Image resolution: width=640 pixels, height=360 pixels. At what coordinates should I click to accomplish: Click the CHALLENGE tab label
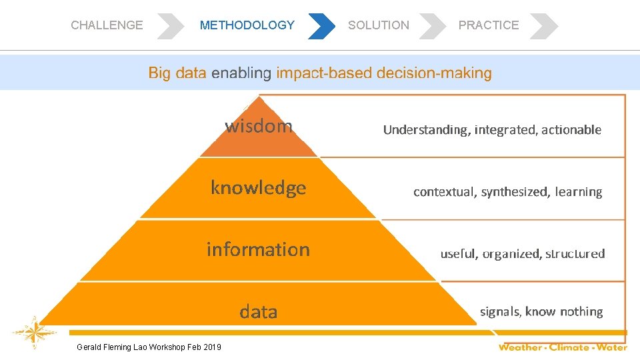107,25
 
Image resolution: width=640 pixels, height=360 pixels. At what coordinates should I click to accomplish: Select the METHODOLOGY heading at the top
247,25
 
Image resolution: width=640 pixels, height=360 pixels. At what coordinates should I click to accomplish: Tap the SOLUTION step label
379,25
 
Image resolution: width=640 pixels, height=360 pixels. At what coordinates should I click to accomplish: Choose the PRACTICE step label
488,25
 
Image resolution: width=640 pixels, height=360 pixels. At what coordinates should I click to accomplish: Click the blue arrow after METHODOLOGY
321,25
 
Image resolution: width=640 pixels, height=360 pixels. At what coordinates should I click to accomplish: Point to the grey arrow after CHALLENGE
171,25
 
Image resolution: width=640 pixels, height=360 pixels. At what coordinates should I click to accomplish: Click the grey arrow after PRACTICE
543,25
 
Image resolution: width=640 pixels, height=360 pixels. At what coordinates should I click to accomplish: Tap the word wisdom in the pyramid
259,126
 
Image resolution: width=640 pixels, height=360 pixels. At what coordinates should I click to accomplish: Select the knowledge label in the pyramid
259,188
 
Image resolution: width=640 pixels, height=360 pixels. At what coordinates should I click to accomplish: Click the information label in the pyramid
258,249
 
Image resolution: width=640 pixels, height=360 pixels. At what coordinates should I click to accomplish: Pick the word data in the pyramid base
259,311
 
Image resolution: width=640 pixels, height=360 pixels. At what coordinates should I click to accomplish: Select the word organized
511,254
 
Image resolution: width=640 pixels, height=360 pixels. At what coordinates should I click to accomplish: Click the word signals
500,311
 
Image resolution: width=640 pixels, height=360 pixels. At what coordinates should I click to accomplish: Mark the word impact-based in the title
325,73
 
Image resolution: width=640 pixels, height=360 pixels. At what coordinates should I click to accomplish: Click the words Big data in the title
177,73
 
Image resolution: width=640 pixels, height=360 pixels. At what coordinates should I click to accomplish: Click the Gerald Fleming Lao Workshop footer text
149,347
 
